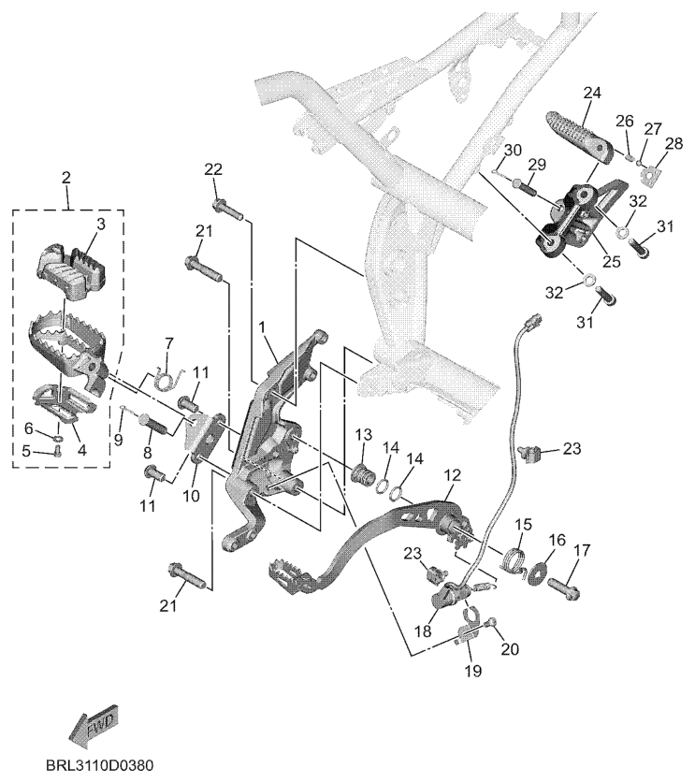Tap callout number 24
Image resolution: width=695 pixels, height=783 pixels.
pyautogui.click(x=591, y=93)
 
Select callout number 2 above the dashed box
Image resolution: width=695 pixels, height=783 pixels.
pyautogui.click(x=65, y=178)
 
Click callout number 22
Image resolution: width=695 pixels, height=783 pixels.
pyautogui.click(x=213, y=168)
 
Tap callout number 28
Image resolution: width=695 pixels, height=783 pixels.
pyautogui.click(x=673, y=143)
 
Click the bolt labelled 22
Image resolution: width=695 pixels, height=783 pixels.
pyautogui.click(x=228, y=208)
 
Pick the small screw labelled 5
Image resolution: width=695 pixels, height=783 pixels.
pyautogui.click(x=57, y=450)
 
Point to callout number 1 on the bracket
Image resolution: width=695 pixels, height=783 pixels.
pyautogui.click(x=263, y=327)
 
